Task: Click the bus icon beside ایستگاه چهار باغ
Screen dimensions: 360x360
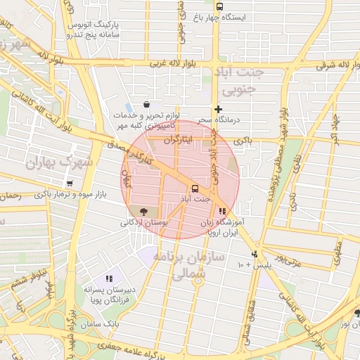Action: pos(219,6)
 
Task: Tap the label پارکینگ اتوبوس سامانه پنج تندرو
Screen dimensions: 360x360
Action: pos(94,29)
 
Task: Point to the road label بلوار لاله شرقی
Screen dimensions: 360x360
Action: pos(318,63)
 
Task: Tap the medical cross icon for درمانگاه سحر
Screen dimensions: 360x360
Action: pos(219,108)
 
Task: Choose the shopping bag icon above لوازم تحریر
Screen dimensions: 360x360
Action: pos(146,104)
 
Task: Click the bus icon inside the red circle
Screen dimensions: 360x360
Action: pos(194,188)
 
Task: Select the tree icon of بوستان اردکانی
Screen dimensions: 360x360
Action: pos(143,210)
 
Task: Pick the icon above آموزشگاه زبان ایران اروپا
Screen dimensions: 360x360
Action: pos(222,210)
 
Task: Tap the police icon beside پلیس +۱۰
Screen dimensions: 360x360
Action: pos(255,255)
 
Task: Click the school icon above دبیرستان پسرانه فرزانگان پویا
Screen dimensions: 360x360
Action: pos(108,278)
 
